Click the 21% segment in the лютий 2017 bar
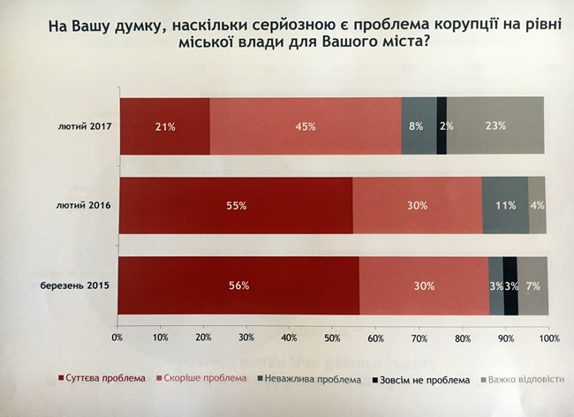[x=164, y=126]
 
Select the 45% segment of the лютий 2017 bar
[x=306, y=126]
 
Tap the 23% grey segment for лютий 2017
[x=495, y=126]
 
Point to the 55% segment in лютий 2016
[x=235, y=206]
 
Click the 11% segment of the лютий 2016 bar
[x=505, y=206]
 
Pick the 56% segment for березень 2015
[x=238, y=285]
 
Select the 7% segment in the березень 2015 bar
[x=532, y=285]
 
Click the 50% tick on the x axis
[x=333, y=337]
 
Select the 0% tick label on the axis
[x=117, y=337]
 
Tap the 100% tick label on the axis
[x=548, y=337]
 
